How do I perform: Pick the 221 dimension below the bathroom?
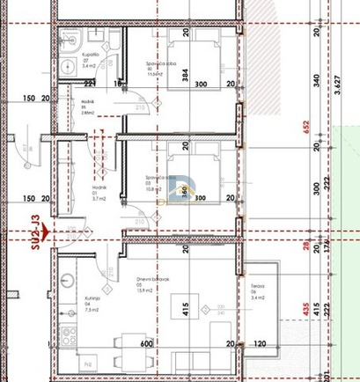pos(89,84)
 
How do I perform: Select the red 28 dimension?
pos(307,246)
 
